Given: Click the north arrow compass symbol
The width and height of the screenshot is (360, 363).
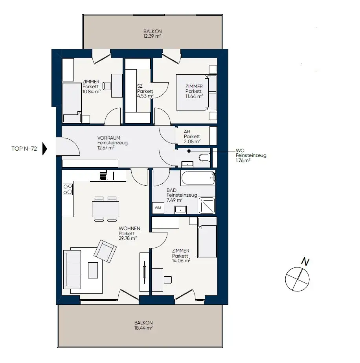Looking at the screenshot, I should pos(297,278).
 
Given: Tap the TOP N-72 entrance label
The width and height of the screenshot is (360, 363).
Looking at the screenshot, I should pos(24,149).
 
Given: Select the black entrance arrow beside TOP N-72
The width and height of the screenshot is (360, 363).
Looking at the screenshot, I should pos(44,149).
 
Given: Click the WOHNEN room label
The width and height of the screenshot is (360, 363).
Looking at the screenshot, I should pos(129,228).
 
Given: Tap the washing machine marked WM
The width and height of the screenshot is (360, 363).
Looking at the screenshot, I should pos(158,207).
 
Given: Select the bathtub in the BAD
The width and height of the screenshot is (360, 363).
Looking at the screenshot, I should pos(198,178).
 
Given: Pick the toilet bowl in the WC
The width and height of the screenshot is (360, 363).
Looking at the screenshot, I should pos(204,158).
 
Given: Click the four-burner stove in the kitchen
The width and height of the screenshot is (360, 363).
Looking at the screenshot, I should pos(68,190).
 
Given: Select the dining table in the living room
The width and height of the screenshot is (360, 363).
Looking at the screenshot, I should pos(106,208).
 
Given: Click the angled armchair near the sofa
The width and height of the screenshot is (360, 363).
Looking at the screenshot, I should pos(105,251).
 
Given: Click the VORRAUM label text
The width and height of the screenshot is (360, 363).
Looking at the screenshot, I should pos(109,138).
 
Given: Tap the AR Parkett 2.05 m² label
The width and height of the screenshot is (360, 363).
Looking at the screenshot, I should pos(192,136).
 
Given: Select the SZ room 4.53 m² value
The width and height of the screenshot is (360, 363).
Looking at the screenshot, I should pos(145,96).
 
